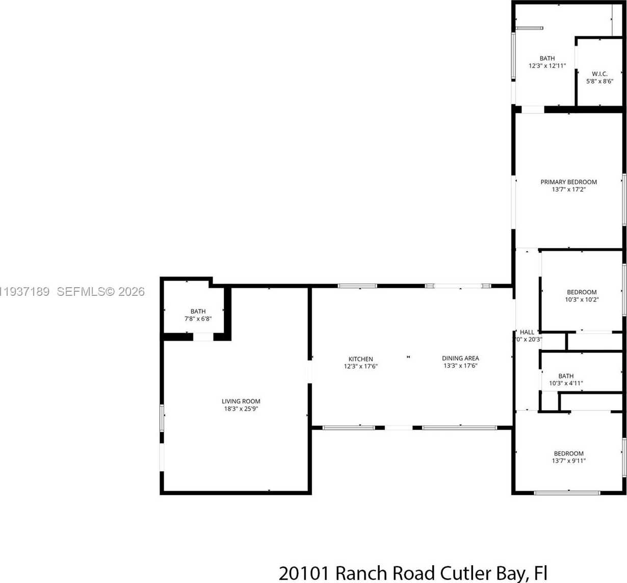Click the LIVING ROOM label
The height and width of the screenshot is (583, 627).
241,401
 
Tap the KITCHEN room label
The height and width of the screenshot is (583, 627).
360,359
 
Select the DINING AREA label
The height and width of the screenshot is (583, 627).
460,358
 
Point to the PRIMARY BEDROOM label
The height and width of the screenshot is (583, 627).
568,182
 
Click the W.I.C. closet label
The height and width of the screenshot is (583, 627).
599,74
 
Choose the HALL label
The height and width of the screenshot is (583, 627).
527,332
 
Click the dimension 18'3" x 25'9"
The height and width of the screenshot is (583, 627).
241,409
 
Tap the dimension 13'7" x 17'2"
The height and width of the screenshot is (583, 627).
568,189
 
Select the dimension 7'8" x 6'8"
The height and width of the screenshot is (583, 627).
198,319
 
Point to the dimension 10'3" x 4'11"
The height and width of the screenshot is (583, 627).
566,383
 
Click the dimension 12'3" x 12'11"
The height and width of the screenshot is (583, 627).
547,66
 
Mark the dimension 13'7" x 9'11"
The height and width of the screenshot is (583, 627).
568,461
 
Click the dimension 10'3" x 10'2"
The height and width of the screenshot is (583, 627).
582,299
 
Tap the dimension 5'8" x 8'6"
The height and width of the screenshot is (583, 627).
599,81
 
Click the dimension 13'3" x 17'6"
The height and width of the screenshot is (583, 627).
460,366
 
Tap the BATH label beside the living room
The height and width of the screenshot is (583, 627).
198,311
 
